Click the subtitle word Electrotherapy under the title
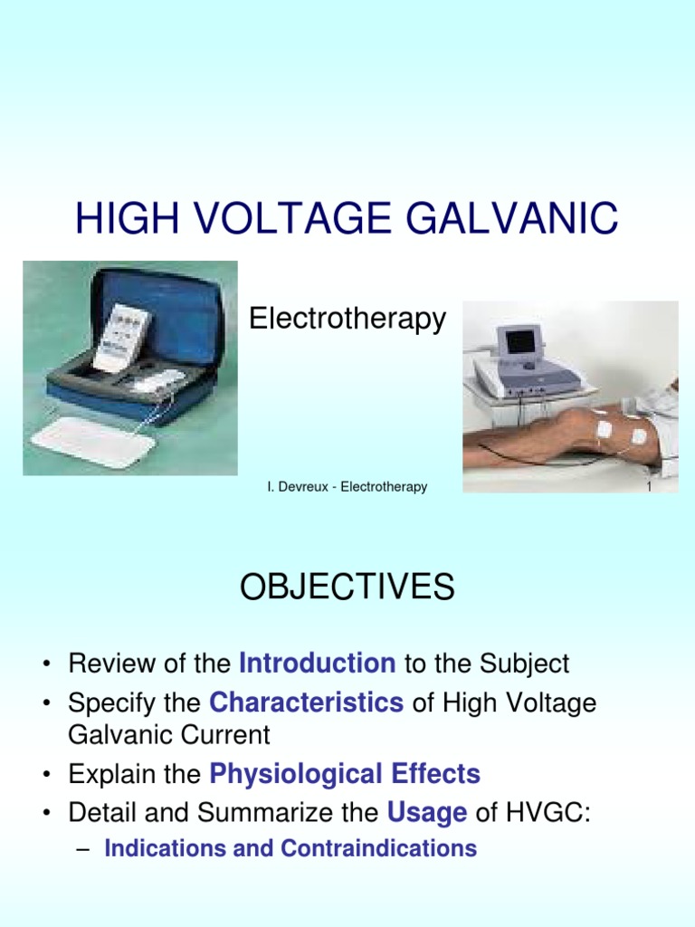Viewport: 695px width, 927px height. [x=347, y=319]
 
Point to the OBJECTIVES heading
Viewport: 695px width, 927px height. [x=347, y=588]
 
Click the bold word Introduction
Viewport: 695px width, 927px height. [x=317, y=664]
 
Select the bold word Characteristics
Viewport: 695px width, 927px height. [x=306, y=702]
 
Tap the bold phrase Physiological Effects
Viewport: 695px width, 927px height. [x=345, y=774]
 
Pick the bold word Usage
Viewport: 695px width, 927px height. [x=427, y=813]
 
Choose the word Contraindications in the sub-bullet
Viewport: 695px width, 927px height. [x=378, y=848]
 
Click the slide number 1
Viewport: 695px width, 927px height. [x=649, y=487]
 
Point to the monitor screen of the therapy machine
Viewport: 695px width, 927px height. [x=520, y=341]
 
